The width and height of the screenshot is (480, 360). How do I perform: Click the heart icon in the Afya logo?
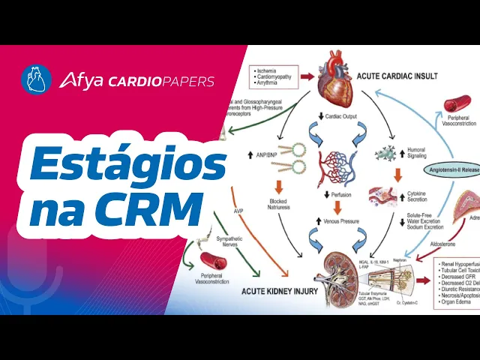coord(37,79)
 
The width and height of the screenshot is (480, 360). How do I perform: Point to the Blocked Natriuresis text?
coord(278,205)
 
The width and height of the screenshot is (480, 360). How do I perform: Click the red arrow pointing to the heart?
coord(307,76)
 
